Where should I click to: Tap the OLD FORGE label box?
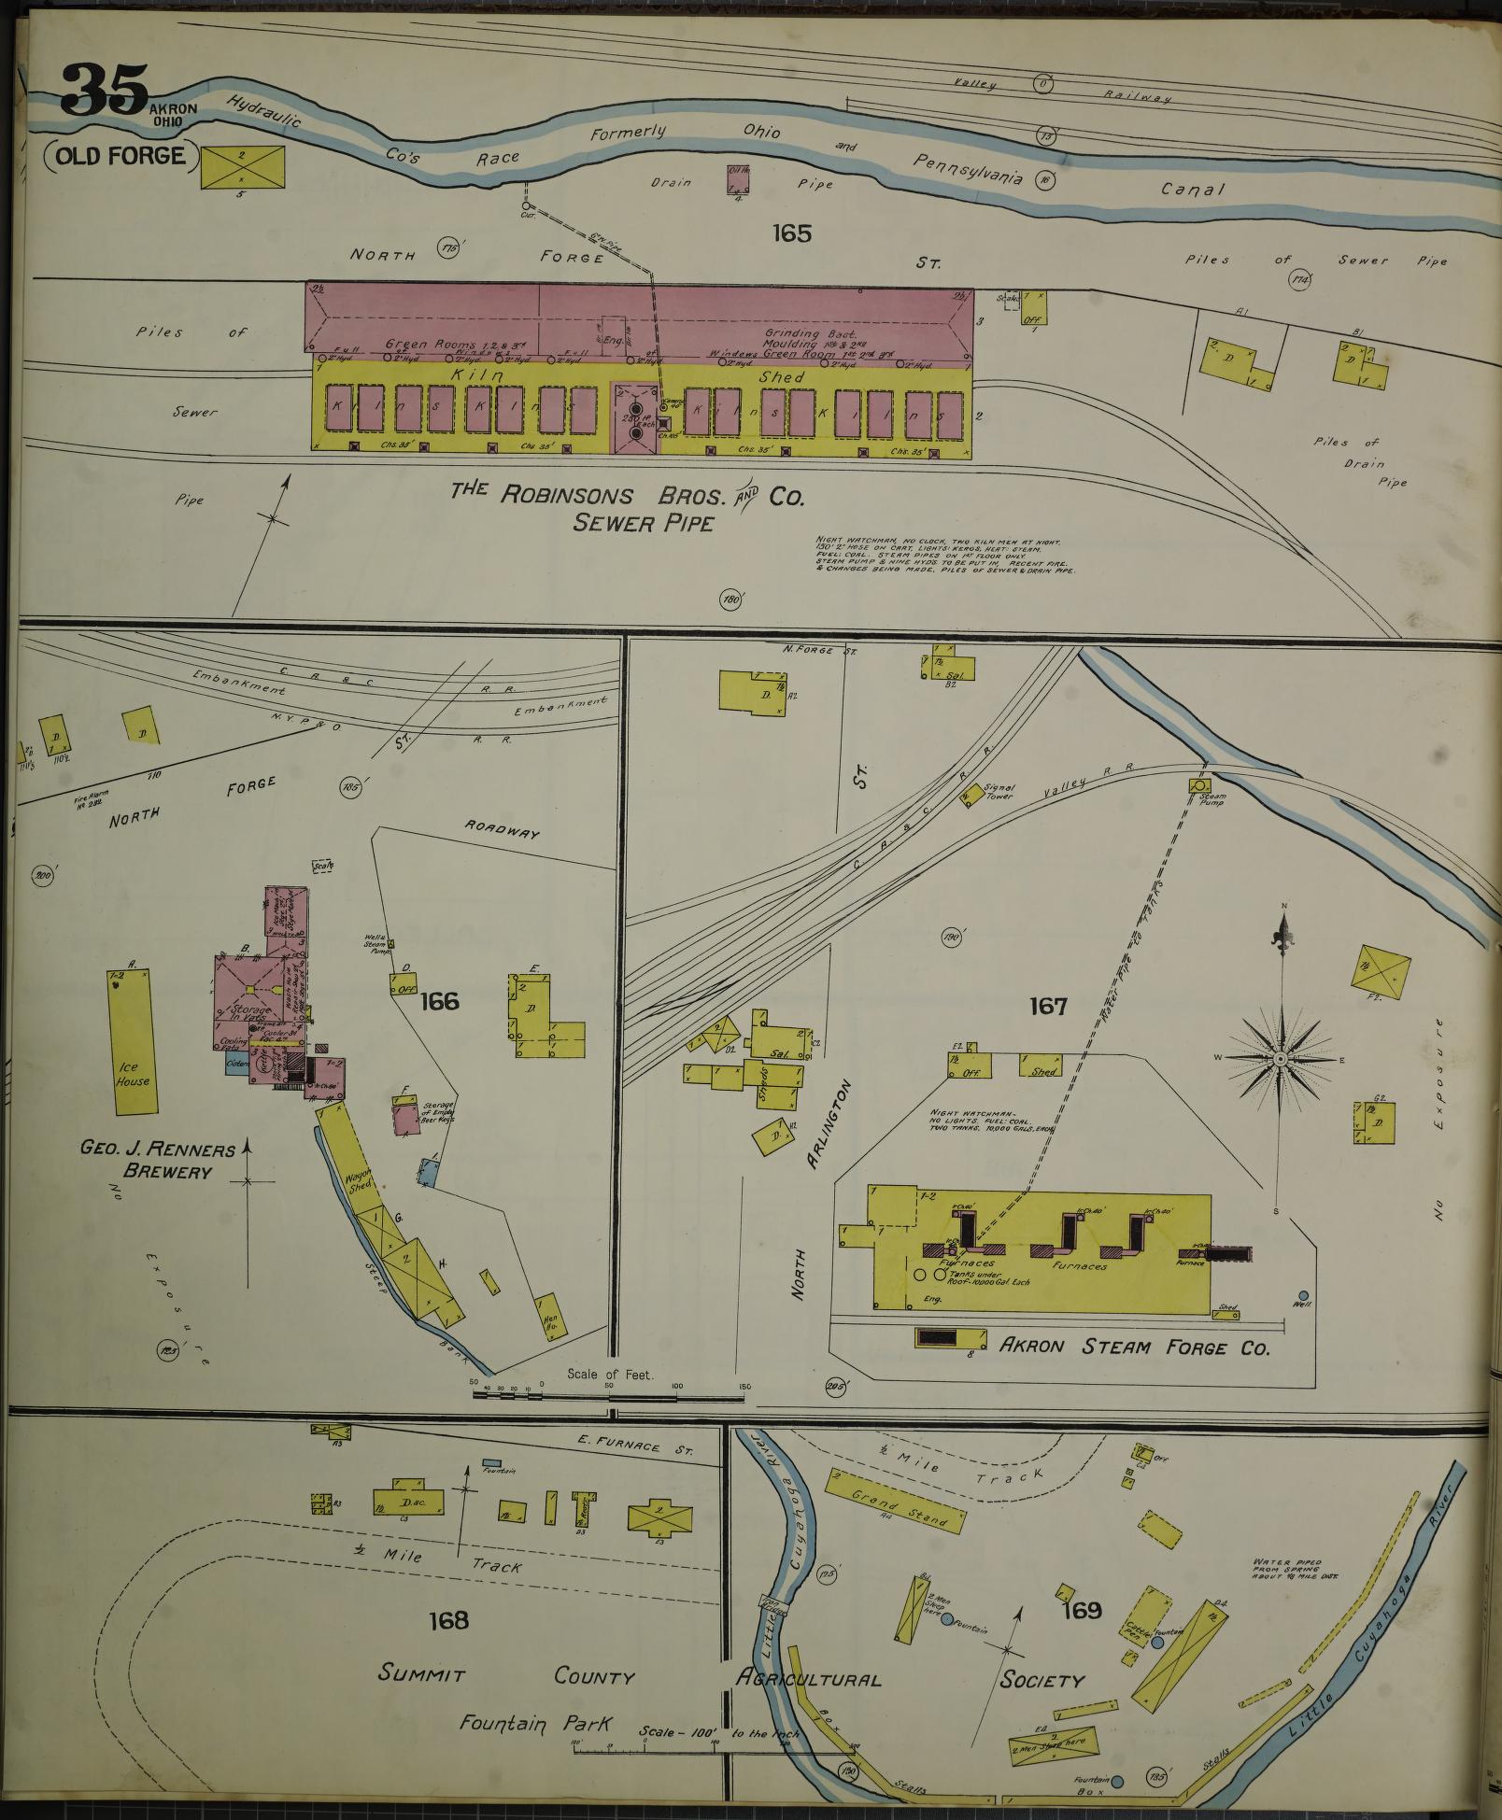pyautogui.click(x=120, y=155)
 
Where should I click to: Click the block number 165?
pyautogui.click(x=791, y=233)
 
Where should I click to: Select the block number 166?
pyautogui.click(x=439, y=1001)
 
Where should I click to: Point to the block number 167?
pyautogui.click(x=1048, y=1006)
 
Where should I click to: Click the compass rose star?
pyautogui.click(x=1281, y=1057)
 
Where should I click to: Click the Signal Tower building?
pyautogui.click(x=971, y=792)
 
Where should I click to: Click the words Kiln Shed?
pyautogui.click(x=636, y=376)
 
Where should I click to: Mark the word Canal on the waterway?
pyautogui.click(x=1192, y=189)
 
